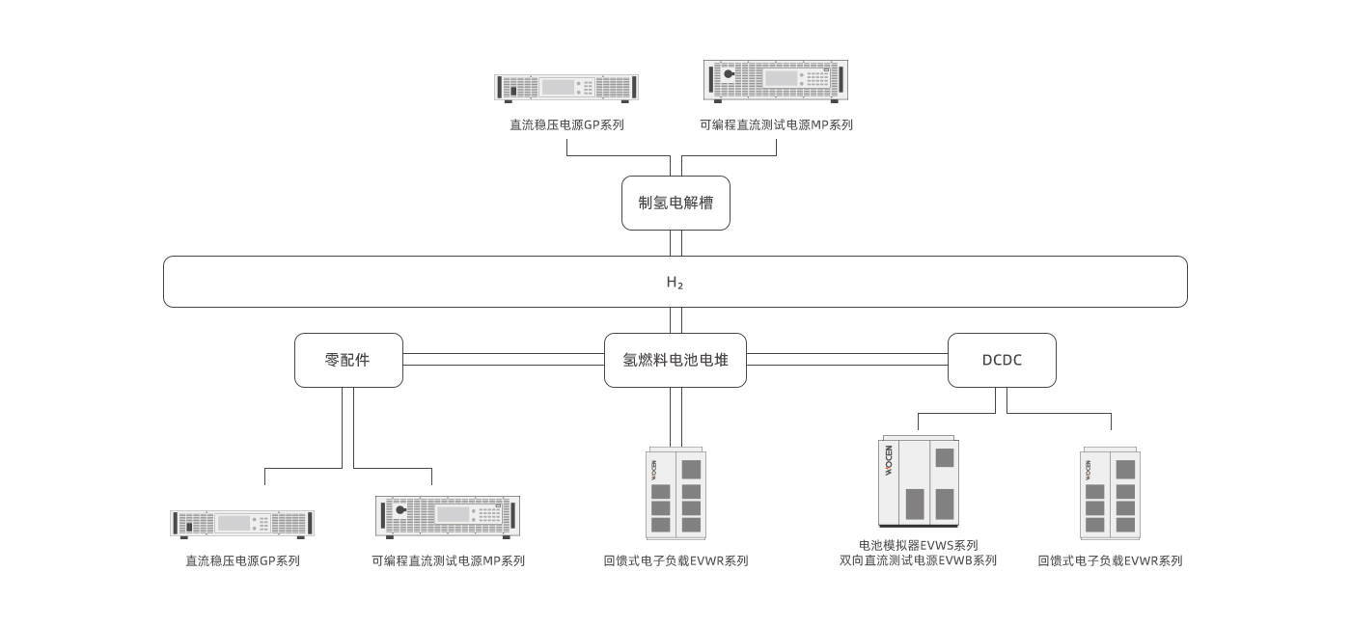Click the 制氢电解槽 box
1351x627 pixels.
click(675, 203)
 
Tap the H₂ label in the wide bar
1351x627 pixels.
click(675, 283)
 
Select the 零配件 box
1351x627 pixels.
click(348, 360)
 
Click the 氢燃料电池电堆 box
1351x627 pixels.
click(675, 360)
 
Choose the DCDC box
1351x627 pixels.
click(1002, 360)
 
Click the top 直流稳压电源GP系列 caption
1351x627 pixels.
click(567, 124)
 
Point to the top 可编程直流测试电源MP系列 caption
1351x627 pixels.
click(777, 124)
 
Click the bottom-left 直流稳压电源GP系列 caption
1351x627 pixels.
click(243, 560)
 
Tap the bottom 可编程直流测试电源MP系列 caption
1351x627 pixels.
click(449, 560)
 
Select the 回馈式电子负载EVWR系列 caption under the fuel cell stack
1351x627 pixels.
click(675, 560)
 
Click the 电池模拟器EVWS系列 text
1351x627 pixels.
click(919, 545)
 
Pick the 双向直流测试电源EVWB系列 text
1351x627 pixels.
click(919, 560)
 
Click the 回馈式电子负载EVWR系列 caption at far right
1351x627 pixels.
click(1110, 560)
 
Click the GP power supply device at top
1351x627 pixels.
click(567, 88)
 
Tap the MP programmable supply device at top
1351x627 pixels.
click(776, 80)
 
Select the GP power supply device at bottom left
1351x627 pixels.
click(243, 524)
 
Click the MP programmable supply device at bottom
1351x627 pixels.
click(448, 515)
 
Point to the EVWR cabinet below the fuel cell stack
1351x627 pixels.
click(675, 493)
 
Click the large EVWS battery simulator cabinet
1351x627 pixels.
click(919, 482)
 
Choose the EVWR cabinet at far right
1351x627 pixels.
click(1110, 493)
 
